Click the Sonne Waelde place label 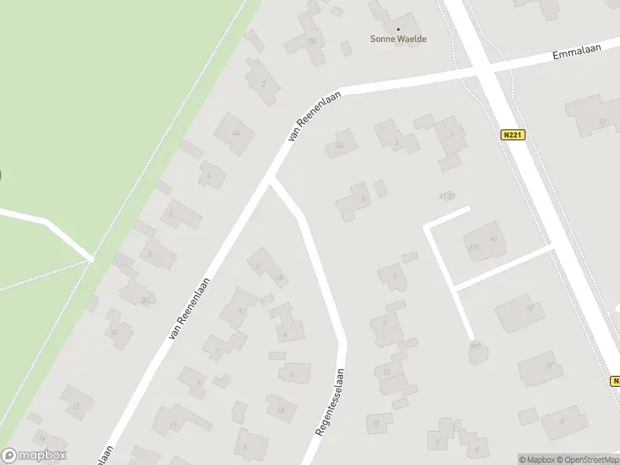[399, 39]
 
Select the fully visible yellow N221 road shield [513, 135]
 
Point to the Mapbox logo [34, 456]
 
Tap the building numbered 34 [340, 145]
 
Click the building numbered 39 [530, 308]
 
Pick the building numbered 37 [550, 367]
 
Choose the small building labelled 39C [475, 348]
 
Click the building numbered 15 [377, 422]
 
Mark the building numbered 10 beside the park [115, 332]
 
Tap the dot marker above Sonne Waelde [398, 29]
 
